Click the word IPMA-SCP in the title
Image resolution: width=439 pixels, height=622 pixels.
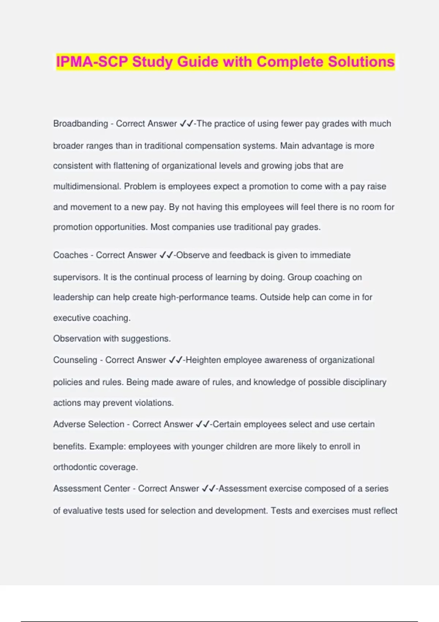pos(92,62)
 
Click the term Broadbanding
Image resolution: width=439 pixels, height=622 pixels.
pos(80,124)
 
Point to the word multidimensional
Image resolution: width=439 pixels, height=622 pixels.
pos(86,187)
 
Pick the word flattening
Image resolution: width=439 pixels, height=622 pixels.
pos(131,166)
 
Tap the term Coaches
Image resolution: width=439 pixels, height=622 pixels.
pos(71,255)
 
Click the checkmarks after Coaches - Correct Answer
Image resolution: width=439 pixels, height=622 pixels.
pos(166,255)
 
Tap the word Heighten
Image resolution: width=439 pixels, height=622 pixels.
pos(203,360)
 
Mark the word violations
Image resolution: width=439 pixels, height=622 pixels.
pos(154,403)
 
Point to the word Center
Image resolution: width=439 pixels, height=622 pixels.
pos(117,488)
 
